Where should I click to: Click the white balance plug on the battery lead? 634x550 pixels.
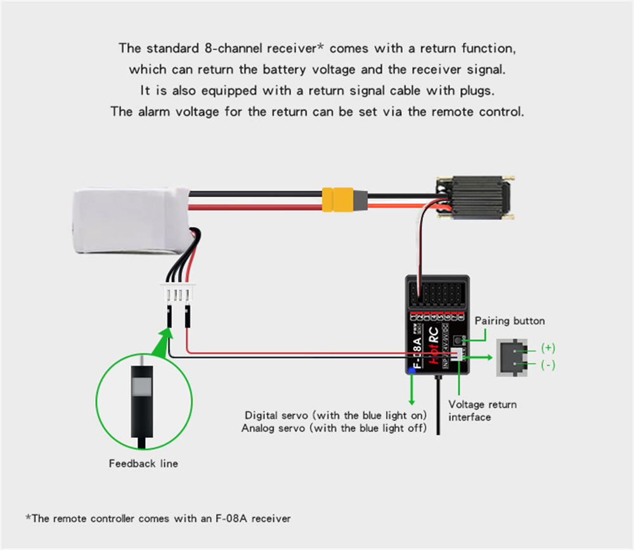click(x=178, y=294)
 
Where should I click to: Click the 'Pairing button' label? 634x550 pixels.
click(x=509, y=321)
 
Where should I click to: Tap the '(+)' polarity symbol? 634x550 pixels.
click(x=548, y=349)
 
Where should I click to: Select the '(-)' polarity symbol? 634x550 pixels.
click(x=548, y=366)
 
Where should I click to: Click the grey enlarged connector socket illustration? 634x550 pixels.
click(x=513, y=357)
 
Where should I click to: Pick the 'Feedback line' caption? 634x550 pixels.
click(x=143, y=464)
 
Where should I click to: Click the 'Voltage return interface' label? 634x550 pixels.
click(x=482, y=411)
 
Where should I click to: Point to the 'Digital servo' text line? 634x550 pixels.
click(x=335, y=416)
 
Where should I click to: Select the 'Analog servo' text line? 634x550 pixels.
click(x=334, y=428)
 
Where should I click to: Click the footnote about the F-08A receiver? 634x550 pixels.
click(x=158, y=518)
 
